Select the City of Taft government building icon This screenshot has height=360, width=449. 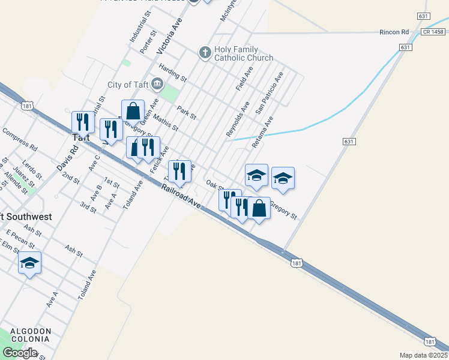pos(158,83)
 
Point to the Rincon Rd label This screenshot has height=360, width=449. pos(394,32)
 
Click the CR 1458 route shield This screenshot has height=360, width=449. pos(433,32)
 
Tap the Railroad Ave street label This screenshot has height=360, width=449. pos(180,196)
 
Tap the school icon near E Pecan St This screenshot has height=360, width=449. pos(29,263)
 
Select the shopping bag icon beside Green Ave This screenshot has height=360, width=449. pos(133,111)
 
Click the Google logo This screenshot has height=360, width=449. pos(19,353)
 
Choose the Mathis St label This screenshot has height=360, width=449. pos(166,122)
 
